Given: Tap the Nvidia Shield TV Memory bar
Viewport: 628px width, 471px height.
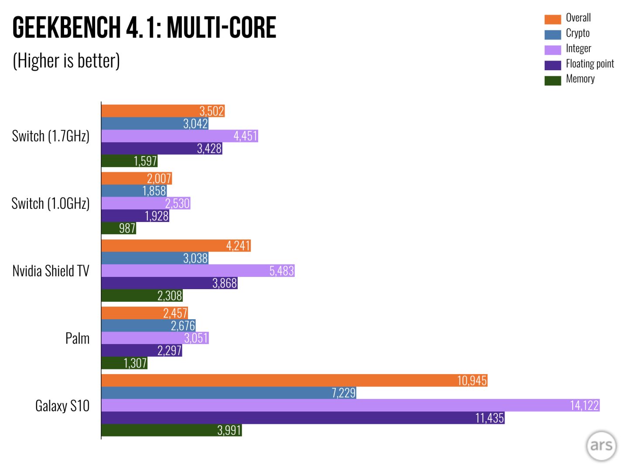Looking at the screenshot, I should pyautogui.click(x=142, y=296).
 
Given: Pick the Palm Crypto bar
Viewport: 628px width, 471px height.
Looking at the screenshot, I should pyautogui.click(x=148, y=326).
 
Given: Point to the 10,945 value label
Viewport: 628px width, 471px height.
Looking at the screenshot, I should pyautogui.click(x=471, y=381).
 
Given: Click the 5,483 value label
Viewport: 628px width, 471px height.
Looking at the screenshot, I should pyautogui.click(x=281, y=271).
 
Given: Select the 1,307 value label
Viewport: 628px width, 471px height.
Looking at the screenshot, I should pyautogui.click(x=135, y=363).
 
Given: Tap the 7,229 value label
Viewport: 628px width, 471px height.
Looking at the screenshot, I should pyautogui.click(x=344, y=393).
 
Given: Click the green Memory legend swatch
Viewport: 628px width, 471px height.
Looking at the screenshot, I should pyautogui.click(x=553, y=81).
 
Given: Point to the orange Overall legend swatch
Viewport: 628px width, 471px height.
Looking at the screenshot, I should pyautogui.click(x=553, y=19).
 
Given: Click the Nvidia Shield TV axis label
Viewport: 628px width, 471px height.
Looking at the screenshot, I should pyautogui.click(x=51, y=271).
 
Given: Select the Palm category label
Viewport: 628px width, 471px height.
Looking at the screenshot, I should pyautogui.click(x=77, y=338).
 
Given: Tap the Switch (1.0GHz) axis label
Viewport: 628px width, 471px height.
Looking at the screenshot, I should pyautogui.click(x=51, y=204).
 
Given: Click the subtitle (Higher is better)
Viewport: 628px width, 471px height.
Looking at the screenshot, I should pyautogui.click(x=66, y=61).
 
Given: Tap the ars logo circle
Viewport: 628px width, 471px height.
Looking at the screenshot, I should pyautogui.click(x=601, y=446).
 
